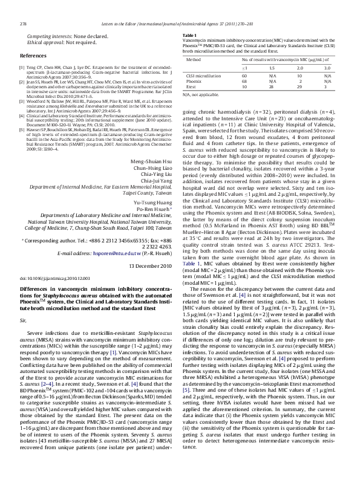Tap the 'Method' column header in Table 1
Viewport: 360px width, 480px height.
pyautogui.click(x=194, y=60)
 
